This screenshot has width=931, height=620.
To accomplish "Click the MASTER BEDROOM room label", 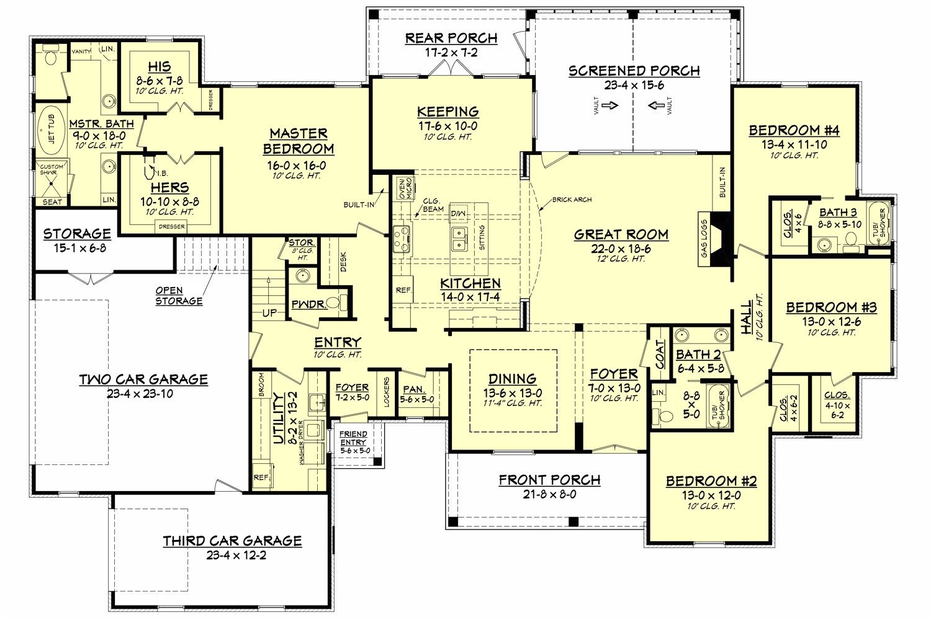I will click(x=298, y=141).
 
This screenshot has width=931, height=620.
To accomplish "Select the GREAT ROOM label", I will click(x=621, y=234).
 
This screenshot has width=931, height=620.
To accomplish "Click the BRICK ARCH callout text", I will click(x=571, y=200).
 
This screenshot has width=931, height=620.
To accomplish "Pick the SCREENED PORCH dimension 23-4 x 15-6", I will click(x=634, y=86).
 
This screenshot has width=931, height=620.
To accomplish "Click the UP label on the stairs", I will click(x=269, y=313).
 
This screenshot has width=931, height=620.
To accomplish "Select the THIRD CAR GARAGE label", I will click(x=232, y=541).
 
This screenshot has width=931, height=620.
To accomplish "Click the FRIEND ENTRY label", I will click(x=353, y=438).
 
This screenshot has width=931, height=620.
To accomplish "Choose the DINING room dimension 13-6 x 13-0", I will click(x=512, y=392).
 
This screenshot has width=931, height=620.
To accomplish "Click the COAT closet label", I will click(x=660, y=352).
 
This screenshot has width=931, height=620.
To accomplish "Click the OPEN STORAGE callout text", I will click(x=179, y=296).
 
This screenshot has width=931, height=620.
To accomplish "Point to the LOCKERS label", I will click(x=387, y=392).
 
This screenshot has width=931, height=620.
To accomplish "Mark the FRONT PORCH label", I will click(x=549, y=480).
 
